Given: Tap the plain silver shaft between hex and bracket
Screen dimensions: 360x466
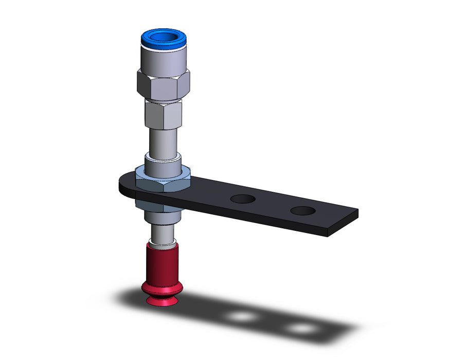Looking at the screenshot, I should coord(163,141).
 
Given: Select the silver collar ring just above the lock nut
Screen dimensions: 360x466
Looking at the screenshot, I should coord(163,165).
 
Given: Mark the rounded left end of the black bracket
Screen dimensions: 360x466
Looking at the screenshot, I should coord(124,186).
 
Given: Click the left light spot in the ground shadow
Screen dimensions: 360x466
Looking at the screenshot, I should coord(240,316).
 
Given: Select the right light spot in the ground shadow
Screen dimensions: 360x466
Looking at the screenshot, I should coord(300,328).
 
